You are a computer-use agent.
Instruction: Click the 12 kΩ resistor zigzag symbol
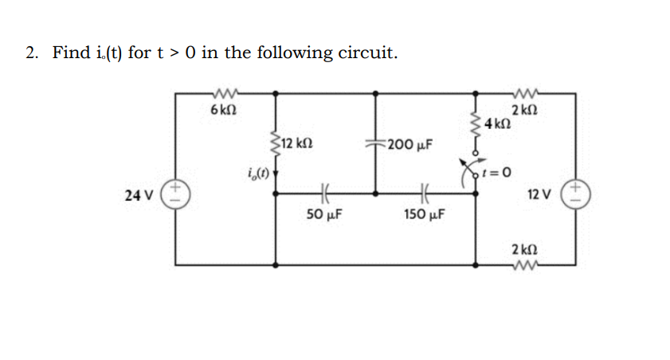click(276, 143)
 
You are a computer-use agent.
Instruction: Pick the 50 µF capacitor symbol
click(324, 192)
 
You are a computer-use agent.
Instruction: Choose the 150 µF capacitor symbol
click(424, 192)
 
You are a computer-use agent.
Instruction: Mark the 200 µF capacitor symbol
click(375, 145)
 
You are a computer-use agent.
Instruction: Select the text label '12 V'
click(540, 194)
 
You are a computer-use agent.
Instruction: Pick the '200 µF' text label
click(411, 144)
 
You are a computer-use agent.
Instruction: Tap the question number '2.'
click(32, 53)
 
